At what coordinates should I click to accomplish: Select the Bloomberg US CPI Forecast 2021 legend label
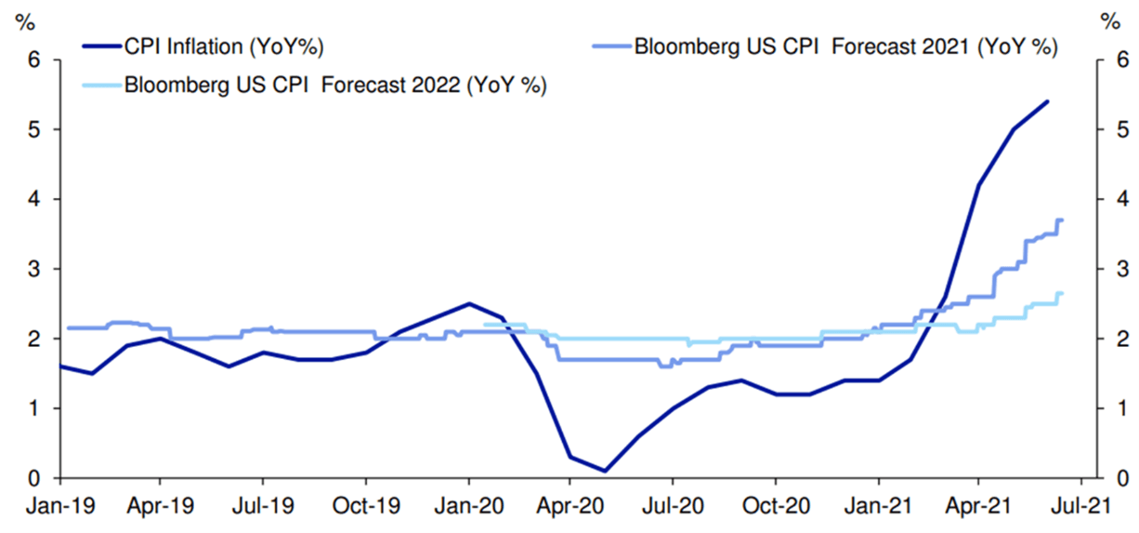844,45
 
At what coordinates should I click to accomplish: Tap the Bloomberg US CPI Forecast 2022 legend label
334,86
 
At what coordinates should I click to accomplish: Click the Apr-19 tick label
161,508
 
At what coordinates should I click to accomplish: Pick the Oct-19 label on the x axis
365,508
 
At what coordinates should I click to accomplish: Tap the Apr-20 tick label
569,508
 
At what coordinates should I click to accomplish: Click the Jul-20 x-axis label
672,508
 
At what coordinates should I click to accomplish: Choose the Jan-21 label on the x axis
878,508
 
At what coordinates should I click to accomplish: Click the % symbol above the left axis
23,19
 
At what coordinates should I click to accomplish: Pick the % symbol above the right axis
1109,19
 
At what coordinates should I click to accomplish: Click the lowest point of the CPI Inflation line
604,471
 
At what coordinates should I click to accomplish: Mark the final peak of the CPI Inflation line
1047,101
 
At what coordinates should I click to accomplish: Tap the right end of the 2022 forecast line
1061,294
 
